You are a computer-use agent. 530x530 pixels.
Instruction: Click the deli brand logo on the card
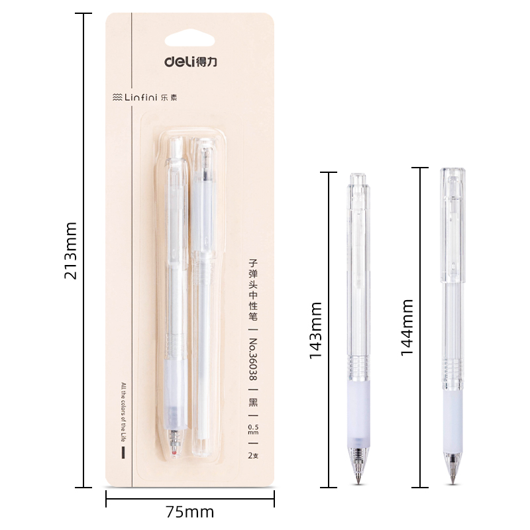coord(191,61)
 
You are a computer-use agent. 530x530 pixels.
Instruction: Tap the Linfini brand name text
coord(141,97)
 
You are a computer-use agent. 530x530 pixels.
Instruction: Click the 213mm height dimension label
coord(71,251)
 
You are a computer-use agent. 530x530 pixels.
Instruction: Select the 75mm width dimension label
coord(190,511)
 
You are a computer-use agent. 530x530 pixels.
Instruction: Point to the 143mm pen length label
coord(315,330)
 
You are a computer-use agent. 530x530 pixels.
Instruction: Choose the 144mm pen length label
coord(407,327)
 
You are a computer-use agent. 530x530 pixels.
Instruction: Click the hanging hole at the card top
coord(189,38)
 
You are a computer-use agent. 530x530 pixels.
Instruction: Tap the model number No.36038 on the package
coord(253,359)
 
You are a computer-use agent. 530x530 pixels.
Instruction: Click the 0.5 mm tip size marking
coord(253,429)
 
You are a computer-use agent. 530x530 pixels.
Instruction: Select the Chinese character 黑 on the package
coord(253,402)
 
